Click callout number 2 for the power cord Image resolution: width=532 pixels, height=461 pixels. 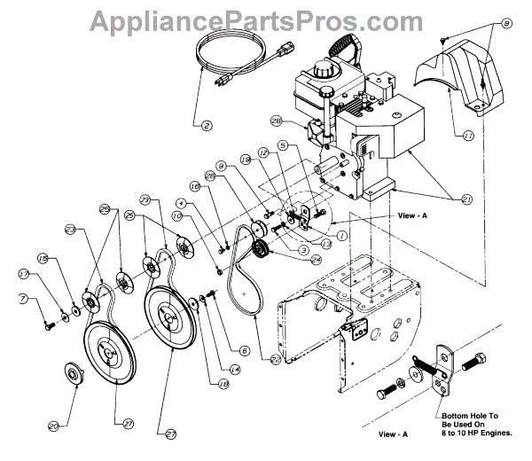206,125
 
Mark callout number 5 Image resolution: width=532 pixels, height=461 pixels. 283,145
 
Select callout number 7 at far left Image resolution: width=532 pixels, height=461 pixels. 24,299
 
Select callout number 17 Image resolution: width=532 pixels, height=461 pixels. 24,275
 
